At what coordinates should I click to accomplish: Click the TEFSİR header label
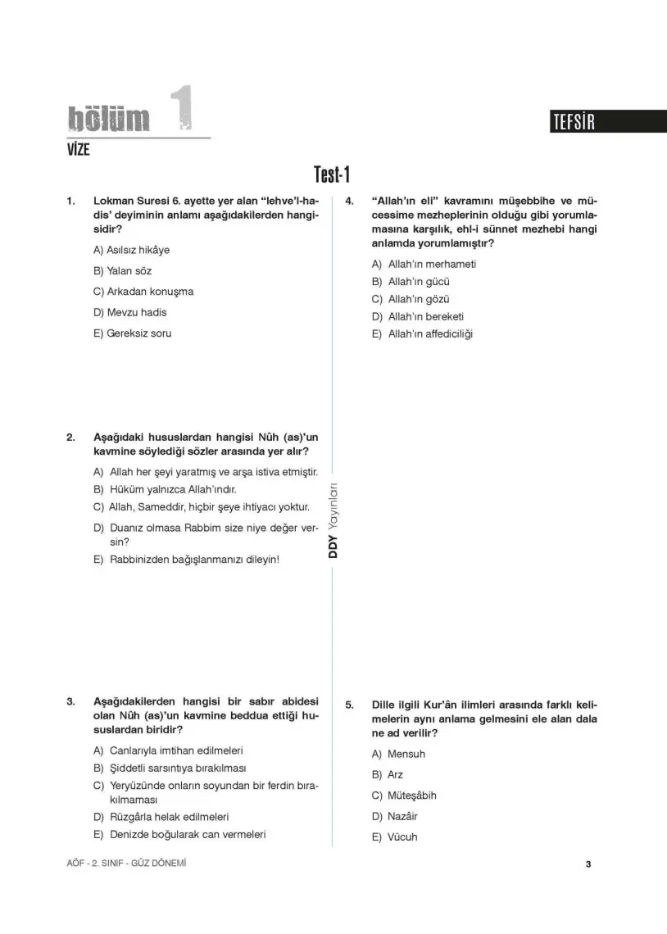pos(574,123)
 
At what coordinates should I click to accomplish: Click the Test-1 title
pos(332,175)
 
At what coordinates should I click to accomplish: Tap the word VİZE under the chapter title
pos(78,149)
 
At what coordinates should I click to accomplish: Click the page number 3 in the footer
pos(588,864)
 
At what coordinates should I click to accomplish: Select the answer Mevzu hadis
pos(131,312)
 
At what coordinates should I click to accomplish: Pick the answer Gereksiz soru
pos(133,333)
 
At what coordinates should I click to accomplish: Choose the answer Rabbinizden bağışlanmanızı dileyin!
pos(194,560)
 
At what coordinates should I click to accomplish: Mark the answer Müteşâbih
pos(411,796)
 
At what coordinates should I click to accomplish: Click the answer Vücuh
pos(402,837)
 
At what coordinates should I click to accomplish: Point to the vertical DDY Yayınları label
pos(333,520)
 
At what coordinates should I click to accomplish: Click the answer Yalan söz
pos(123,271)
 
